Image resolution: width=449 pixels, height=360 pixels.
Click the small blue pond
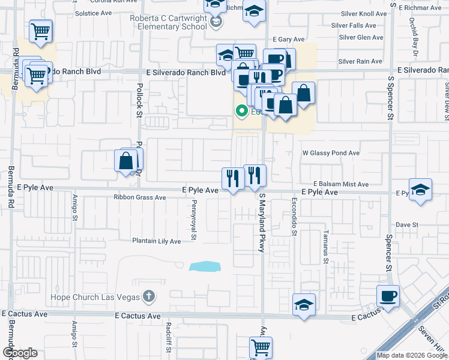pyautogui.click(x=204, y=266)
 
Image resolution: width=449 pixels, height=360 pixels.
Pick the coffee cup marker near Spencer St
pyautogui.click(x=388, y=296)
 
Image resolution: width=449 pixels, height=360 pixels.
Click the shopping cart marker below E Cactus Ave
pyautogui.click(x=261, y=347)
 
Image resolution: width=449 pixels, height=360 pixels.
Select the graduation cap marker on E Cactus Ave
pyautogui.click(x=304, y=305)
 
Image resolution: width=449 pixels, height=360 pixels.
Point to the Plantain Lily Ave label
pyautogui.click(x=157, y=241)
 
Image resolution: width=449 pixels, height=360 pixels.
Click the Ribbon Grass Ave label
pyautogui.click(x=140, y=197)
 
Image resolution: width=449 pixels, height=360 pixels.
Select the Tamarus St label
pyautogui.click(x=325, y=247)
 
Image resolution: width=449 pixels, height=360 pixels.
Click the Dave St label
pyautogui.click(x=406, y=224)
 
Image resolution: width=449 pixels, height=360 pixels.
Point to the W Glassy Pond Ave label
pyautogui.click(x=330, y=153)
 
